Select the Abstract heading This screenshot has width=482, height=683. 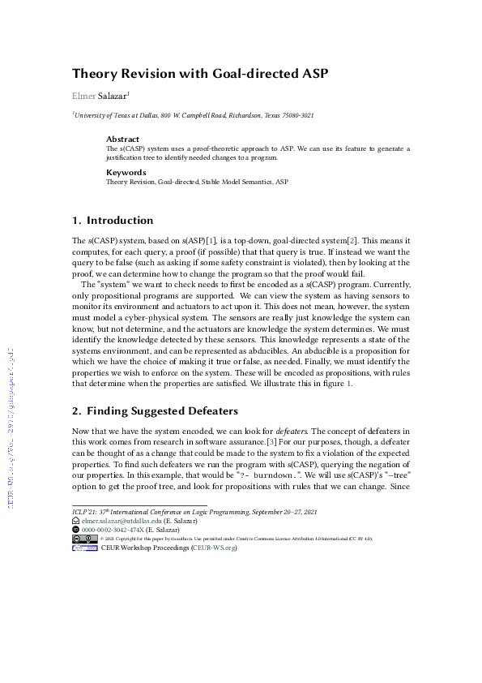(x=122, y=140)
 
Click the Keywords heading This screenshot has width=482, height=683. (x=126, y=172)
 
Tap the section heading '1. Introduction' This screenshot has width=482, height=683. (x=113, y=220)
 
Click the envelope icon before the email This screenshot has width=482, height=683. (x=76, y=520)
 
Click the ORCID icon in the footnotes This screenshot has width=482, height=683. (x=76, y=529)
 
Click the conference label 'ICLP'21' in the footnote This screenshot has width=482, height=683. (x=83, y=511)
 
